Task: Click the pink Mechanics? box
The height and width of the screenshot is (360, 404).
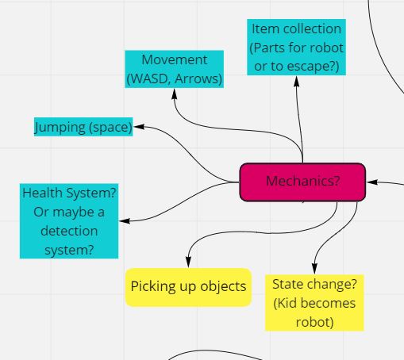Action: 302,182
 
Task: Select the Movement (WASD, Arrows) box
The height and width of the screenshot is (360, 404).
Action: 175,69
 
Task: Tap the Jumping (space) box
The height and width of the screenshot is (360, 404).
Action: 83,127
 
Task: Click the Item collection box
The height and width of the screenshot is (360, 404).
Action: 296,47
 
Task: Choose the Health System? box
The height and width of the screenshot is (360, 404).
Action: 69,221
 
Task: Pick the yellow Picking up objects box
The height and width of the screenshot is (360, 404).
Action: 188,287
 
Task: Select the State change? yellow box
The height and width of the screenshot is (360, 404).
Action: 314,303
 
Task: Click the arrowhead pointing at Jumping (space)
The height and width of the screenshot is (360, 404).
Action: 139,127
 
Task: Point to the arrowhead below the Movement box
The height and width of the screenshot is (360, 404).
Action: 174,94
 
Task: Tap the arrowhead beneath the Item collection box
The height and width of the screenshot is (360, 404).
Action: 297,81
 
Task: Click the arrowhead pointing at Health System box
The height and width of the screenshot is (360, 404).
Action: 125,220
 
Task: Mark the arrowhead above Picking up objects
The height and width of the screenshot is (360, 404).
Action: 188,262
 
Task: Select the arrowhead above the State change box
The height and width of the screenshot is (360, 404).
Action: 314,269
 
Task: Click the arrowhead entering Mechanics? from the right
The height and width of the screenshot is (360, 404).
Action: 372,182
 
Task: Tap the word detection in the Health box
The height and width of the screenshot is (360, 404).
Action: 69,231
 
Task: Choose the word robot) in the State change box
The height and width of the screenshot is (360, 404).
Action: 314,322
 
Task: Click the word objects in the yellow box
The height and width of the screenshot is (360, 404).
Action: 223,287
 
